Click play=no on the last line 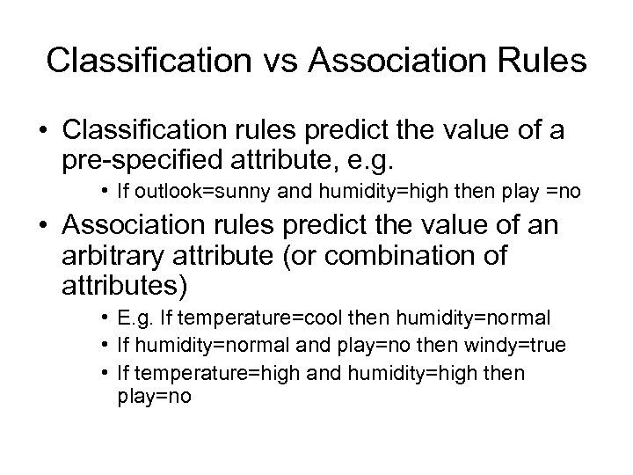pos(152,396)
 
